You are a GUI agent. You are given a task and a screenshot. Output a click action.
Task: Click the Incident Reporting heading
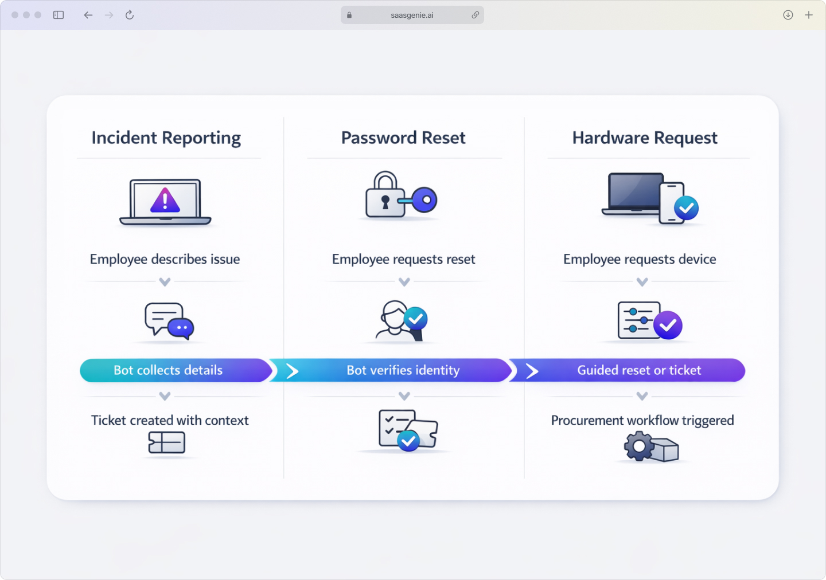166,138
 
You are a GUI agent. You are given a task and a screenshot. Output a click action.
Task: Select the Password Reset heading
403,138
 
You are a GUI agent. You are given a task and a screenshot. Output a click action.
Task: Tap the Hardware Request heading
645,138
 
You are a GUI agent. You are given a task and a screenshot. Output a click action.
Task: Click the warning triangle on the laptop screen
165,201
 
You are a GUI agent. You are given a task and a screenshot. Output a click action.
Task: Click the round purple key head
425,200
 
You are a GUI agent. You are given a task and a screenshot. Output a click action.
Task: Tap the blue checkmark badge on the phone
686,208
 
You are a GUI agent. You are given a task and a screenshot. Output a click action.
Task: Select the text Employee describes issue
165,259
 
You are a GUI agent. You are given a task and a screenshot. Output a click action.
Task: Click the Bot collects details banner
168,370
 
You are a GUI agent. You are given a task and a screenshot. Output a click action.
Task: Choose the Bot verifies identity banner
403,370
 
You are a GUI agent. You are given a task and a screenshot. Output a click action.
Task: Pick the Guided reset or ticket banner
639,370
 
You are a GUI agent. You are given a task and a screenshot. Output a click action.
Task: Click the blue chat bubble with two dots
181,328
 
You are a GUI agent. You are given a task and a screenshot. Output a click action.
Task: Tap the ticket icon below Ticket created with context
166,442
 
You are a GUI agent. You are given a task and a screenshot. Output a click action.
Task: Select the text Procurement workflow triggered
642,421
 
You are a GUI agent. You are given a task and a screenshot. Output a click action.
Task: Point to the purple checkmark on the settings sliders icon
668,326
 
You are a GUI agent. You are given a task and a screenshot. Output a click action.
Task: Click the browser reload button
130,15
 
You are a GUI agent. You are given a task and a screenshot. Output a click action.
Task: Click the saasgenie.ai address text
412,15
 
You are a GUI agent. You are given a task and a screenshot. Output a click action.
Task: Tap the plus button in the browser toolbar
809,15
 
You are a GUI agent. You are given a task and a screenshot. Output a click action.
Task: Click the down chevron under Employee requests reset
404,282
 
